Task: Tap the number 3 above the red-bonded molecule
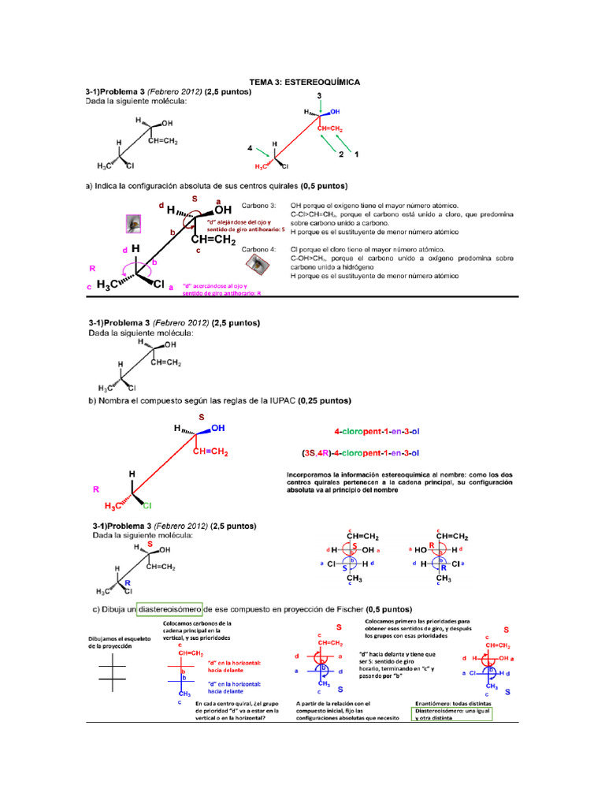[x=319, y=95]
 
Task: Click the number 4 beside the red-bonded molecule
[x=251, y=147]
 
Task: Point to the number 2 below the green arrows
[x=341, y=155]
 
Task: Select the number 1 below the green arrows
[x=356, y=155]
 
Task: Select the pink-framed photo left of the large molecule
[x=134, y=224]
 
